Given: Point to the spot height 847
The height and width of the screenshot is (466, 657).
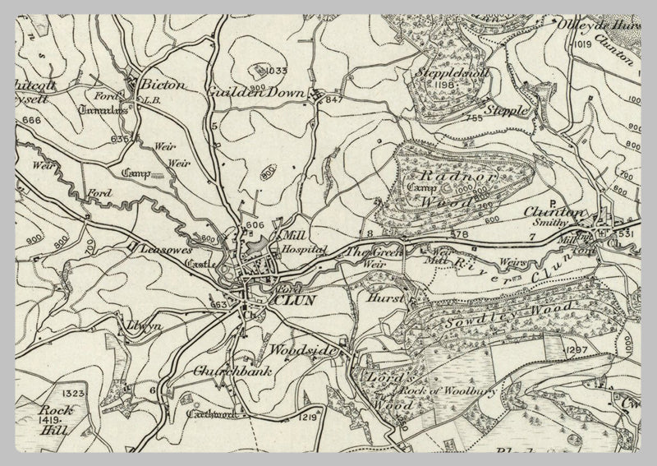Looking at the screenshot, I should click(333, 99).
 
